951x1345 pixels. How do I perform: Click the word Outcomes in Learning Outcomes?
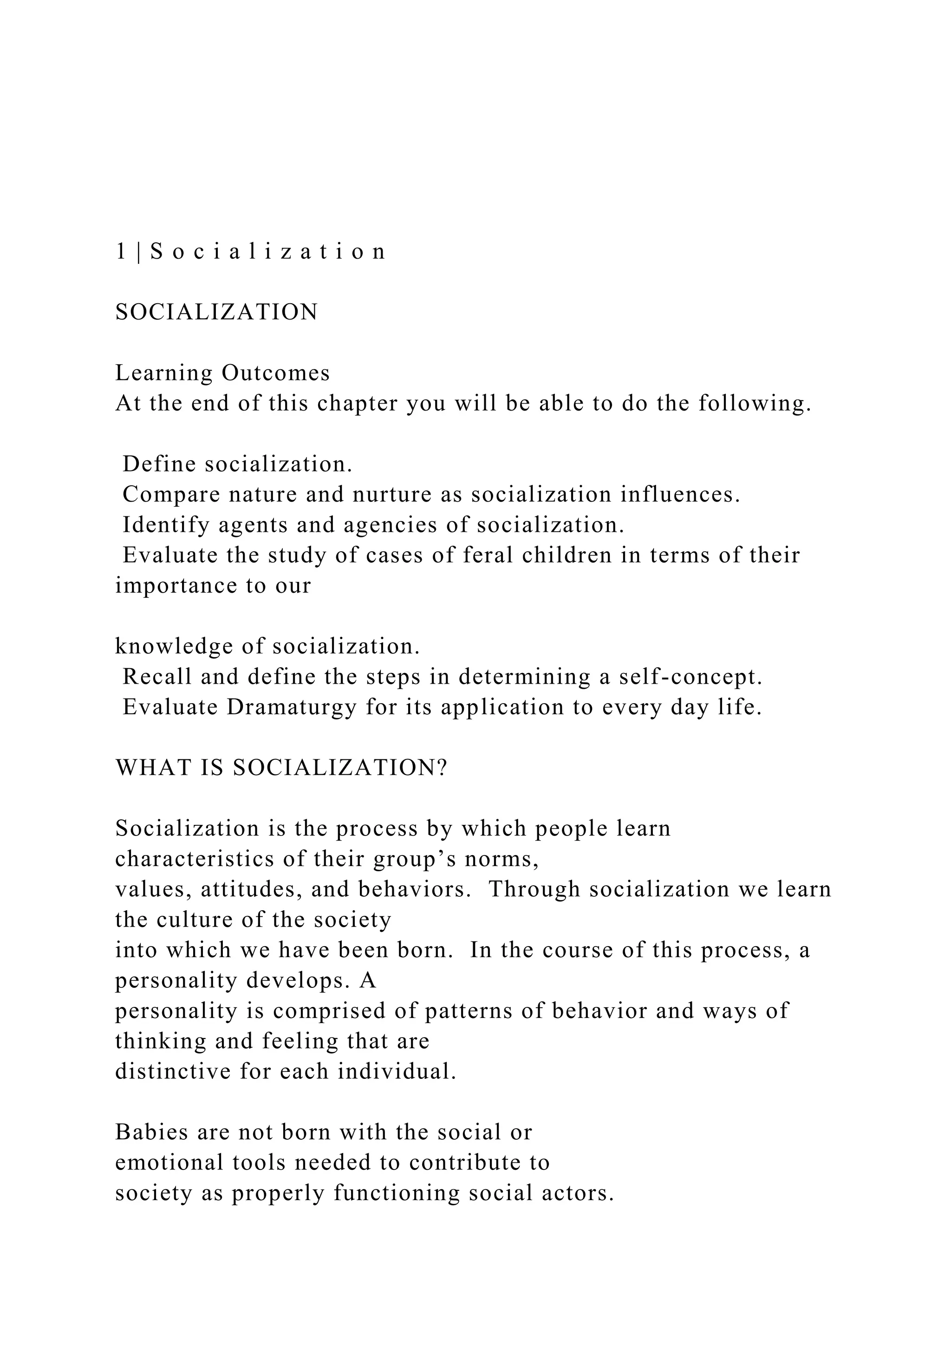[276, 373]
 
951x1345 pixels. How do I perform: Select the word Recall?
[157, 677]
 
